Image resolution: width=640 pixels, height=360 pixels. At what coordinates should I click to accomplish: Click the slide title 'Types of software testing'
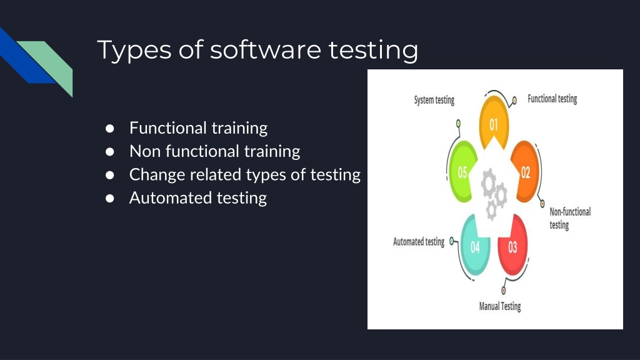pos(257,50)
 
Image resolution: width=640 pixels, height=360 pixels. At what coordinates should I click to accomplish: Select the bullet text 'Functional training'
pos(198,128)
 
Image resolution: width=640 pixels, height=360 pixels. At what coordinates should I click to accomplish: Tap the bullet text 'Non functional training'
pos(214,151)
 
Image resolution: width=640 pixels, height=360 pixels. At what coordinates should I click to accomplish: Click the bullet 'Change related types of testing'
pos(244,174)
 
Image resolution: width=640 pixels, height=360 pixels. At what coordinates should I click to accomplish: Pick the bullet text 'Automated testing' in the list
pos(197,198)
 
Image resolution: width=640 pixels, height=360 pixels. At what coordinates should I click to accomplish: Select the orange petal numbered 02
pos(526,172)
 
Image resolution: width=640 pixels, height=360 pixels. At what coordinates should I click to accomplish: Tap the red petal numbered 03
pos(512,247)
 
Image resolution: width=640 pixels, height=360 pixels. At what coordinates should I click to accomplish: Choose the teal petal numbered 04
pos(475,247)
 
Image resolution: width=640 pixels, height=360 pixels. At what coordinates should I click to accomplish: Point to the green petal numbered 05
pos(462,172)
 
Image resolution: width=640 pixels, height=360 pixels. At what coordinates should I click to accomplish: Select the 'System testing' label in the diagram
pos(434,100)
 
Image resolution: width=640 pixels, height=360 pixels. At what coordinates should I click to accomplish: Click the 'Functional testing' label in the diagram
pos(552,99)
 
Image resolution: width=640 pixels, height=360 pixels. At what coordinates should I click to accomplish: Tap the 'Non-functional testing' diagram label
pos(569,218)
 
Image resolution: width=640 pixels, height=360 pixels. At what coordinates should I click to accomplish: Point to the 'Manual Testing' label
pos(499,306)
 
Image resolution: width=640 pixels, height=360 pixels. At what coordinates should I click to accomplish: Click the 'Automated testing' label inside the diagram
pos(419,242)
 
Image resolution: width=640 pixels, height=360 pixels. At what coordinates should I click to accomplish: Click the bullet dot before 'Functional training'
pos(109,128)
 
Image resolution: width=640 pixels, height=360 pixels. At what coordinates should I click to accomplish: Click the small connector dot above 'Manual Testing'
pos(503,291)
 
